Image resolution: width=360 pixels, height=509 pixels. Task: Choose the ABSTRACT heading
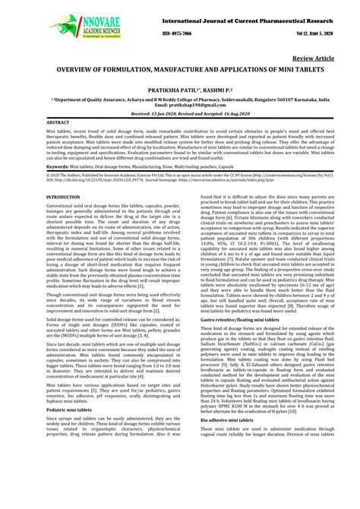[58, 122]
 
